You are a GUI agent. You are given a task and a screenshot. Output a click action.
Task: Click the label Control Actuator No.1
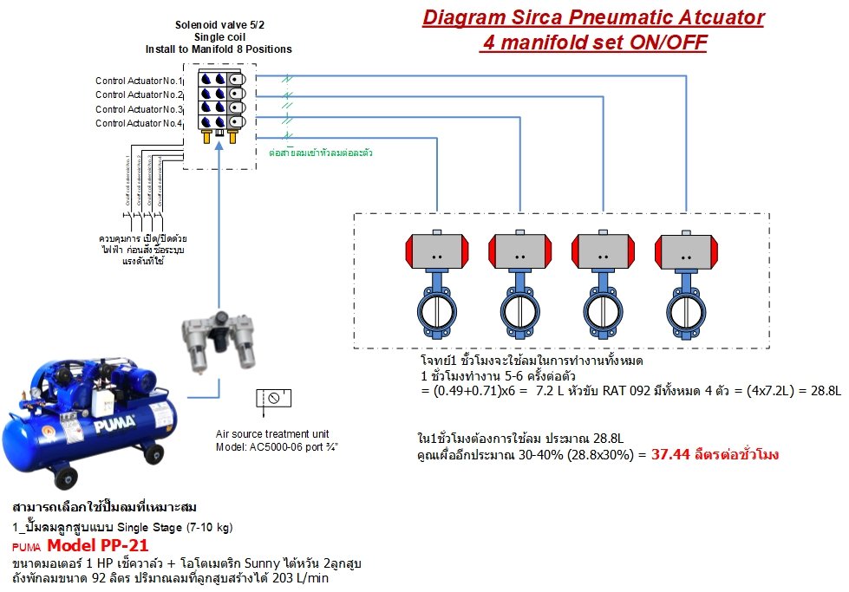coord(139,81)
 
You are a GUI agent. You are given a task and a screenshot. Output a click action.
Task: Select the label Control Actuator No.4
coord(139,124)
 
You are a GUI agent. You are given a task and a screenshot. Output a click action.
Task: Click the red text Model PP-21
coord(97,546)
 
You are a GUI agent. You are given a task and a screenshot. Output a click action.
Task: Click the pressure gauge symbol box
coord(274,400)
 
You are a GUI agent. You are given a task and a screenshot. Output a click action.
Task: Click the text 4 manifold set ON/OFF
coord(592,42)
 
